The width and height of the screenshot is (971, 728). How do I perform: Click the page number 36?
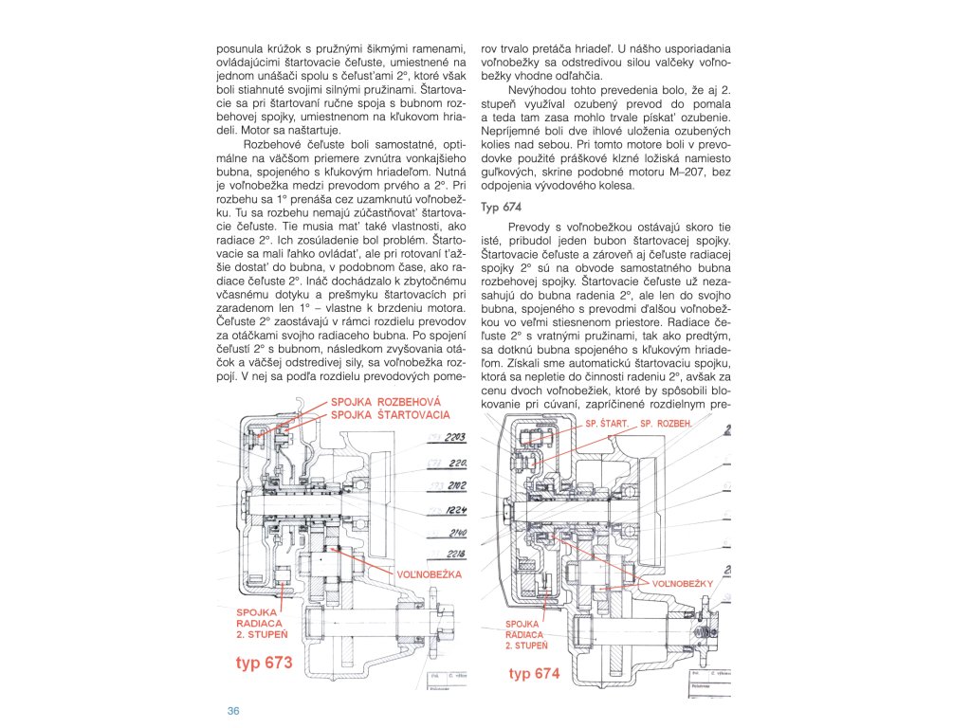coord(232,711)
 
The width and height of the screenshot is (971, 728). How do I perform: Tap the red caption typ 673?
coord(264,662)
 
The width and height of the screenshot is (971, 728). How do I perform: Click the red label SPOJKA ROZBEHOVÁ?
coord(386,401)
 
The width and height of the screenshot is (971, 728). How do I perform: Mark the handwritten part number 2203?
coord(455,437)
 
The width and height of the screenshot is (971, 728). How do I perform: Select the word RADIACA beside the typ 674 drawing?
coord(524,634)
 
